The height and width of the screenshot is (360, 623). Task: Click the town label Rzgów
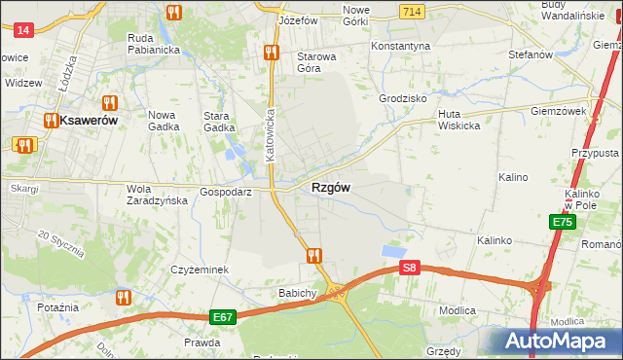point(330,187)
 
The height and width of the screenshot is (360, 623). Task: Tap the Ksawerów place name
point(88,121)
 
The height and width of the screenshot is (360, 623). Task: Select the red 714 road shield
point(410,10)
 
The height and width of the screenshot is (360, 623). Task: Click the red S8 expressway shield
point(410,268)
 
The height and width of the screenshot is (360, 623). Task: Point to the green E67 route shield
point(222,317)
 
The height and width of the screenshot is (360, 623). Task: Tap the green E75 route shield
point(562,223)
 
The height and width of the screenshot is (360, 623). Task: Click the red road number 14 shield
point(24,30)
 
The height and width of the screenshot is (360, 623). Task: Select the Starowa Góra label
point(316,62)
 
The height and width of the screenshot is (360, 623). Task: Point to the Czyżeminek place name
point(199,270)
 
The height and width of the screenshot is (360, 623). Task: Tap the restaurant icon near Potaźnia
point(123,297)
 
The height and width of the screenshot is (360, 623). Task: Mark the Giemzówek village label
point(558,111)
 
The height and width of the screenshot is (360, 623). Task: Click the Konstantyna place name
point(400,46)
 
